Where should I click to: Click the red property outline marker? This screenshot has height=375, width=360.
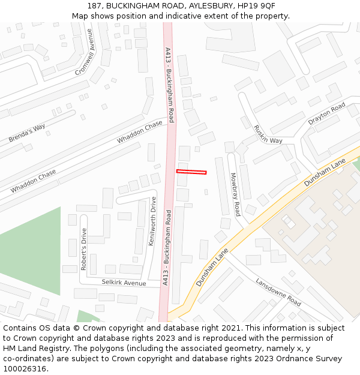tap(191, 172)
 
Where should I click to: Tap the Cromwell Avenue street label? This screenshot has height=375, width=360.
tap(85, 52)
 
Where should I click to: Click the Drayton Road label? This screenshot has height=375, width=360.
tap(327, 113)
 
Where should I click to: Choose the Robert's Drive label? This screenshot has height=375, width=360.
tap(84, 249)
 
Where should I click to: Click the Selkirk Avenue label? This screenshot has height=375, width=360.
tap(124, 282)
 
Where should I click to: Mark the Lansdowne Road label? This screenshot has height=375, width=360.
tap(278, 292)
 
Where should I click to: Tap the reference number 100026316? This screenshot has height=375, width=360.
tap(25, 369)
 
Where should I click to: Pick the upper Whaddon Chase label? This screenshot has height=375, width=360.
tap(140, 131)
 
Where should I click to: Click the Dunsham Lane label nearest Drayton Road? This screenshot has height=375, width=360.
tap(326, 172)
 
